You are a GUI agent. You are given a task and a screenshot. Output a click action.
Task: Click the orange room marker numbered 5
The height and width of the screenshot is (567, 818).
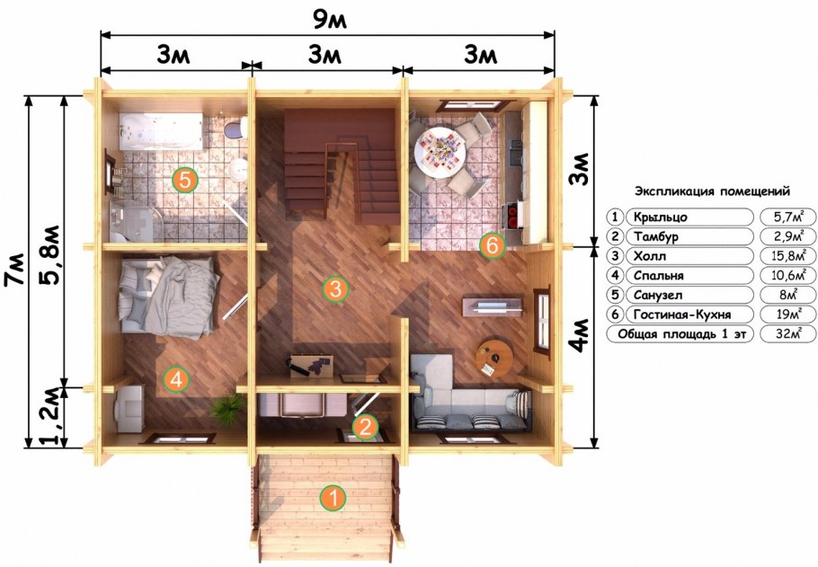click(x=185, y=180)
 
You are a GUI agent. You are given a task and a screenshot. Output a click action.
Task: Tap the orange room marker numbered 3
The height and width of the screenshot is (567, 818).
click(x=335, y=289)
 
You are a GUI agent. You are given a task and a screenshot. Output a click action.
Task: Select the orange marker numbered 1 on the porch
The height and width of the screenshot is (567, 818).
click(x=333, y=498)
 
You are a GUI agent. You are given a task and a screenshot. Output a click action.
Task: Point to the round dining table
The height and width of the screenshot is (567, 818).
click(x=440, y=153)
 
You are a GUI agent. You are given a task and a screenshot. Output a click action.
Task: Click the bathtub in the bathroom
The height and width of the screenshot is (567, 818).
click(x=161, y=132)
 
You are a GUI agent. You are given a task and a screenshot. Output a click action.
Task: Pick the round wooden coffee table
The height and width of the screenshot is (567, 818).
click(x=494, y=359)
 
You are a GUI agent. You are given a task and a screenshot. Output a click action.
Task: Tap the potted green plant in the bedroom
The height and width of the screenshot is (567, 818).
click(x=227, y=409)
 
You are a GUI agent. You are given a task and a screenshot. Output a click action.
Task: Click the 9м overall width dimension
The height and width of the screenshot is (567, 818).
click(x=330, y=20)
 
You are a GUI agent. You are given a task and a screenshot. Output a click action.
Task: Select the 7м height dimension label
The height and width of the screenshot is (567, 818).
click(x=14, y=270)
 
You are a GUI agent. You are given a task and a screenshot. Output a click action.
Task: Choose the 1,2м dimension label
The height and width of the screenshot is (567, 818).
click(x=50, y=417)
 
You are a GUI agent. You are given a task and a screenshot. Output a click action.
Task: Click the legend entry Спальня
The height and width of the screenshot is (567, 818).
click(x=658, y=276)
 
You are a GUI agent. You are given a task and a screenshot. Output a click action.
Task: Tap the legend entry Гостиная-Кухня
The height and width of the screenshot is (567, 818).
click(x=682, y=315)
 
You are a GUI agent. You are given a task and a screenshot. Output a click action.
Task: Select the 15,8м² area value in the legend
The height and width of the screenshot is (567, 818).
click(x=788, y=256)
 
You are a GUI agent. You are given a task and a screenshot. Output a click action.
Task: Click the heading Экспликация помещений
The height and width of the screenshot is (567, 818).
click(x=712, y=190)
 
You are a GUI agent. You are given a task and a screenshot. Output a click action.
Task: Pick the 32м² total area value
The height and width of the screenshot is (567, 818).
click(x=788, y=334)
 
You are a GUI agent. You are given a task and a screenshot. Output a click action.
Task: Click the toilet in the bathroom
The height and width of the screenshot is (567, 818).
click(x=236, y=127)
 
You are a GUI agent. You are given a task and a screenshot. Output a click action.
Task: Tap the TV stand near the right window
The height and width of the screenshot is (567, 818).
click(x=492, y=306)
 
